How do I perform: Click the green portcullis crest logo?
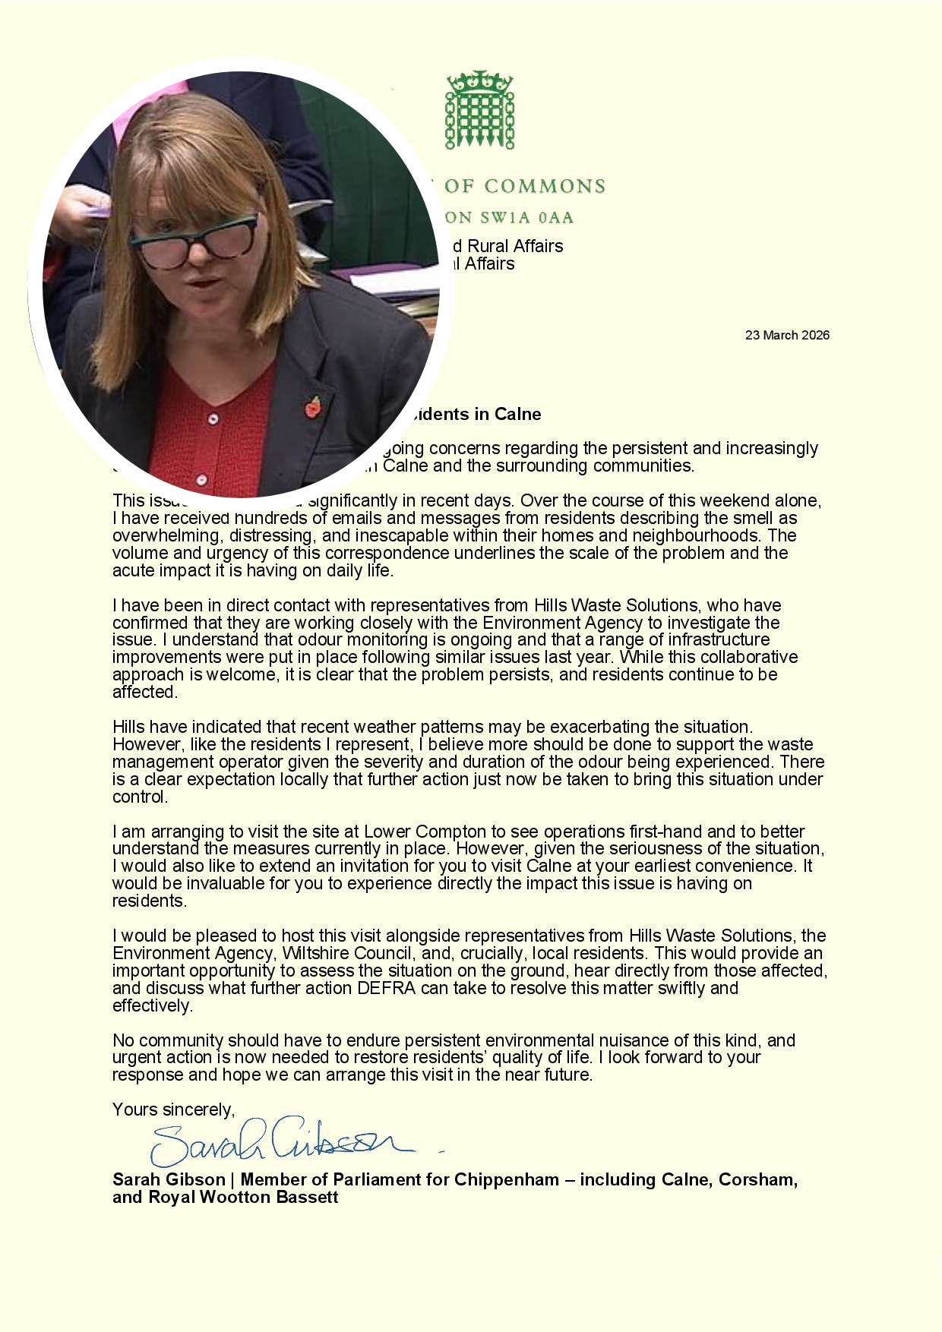click(x=479, y=110)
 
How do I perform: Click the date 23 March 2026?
click(x=787, y=335)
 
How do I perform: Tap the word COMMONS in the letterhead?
click(x=545, y=186)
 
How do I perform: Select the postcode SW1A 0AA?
click(x=526, y=218)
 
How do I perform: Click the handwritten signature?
click(x=281, y=1140)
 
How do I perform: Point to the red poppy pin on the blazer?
click(x=313, y=407)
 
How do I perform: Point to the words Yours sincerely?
click(x=173, y=1109)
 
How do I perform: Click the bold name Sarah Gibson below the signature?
click(x=169, y=1179)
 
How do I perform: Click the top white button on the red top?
click(x=213, y=418)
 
